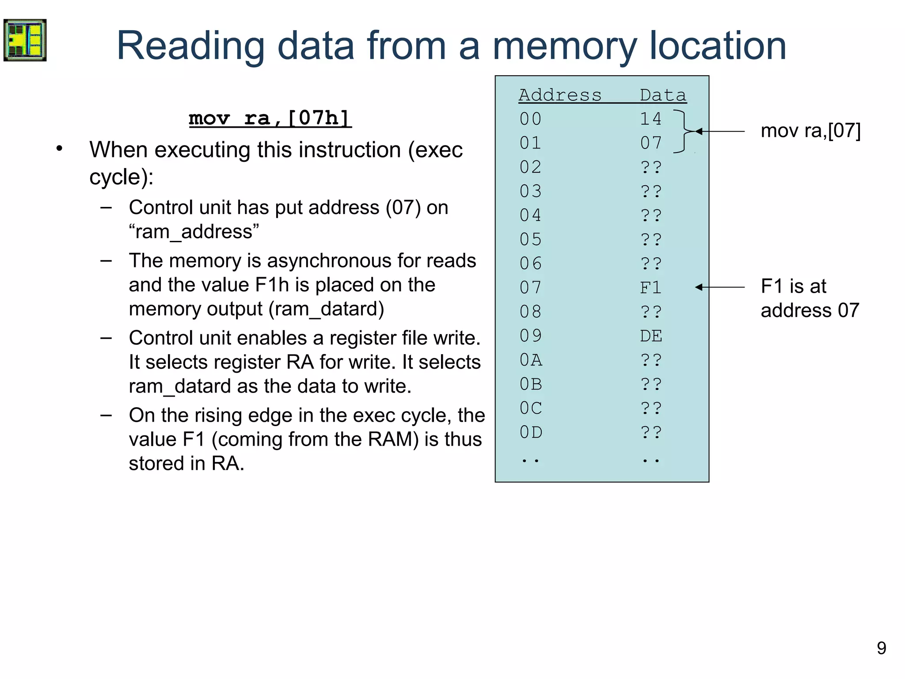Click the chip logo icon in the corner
coord(25,40)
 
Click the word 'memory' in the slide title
coord(564,46)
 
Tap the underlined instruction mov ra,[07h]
coord(270,118)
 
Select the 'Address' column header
coord(560,95)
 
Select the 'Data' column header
coord(663,95)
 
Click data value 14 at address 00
coord(651,119)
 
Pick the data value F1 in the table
coord(651,288)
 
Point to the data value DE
coord(651,336)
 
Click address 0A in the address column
coord(531,360)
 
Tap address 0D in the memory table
coord(531,432)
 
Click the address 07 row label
coord(531,288)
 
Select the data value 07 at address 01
coord(651,143)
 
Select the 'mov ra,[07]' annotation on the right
coord(810,131)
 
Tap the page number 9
coord(881,648)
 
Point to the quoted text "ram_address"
coord(194,232)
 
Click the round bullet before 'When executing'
coord(60,149)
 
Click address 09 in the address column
coord(531,336)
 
